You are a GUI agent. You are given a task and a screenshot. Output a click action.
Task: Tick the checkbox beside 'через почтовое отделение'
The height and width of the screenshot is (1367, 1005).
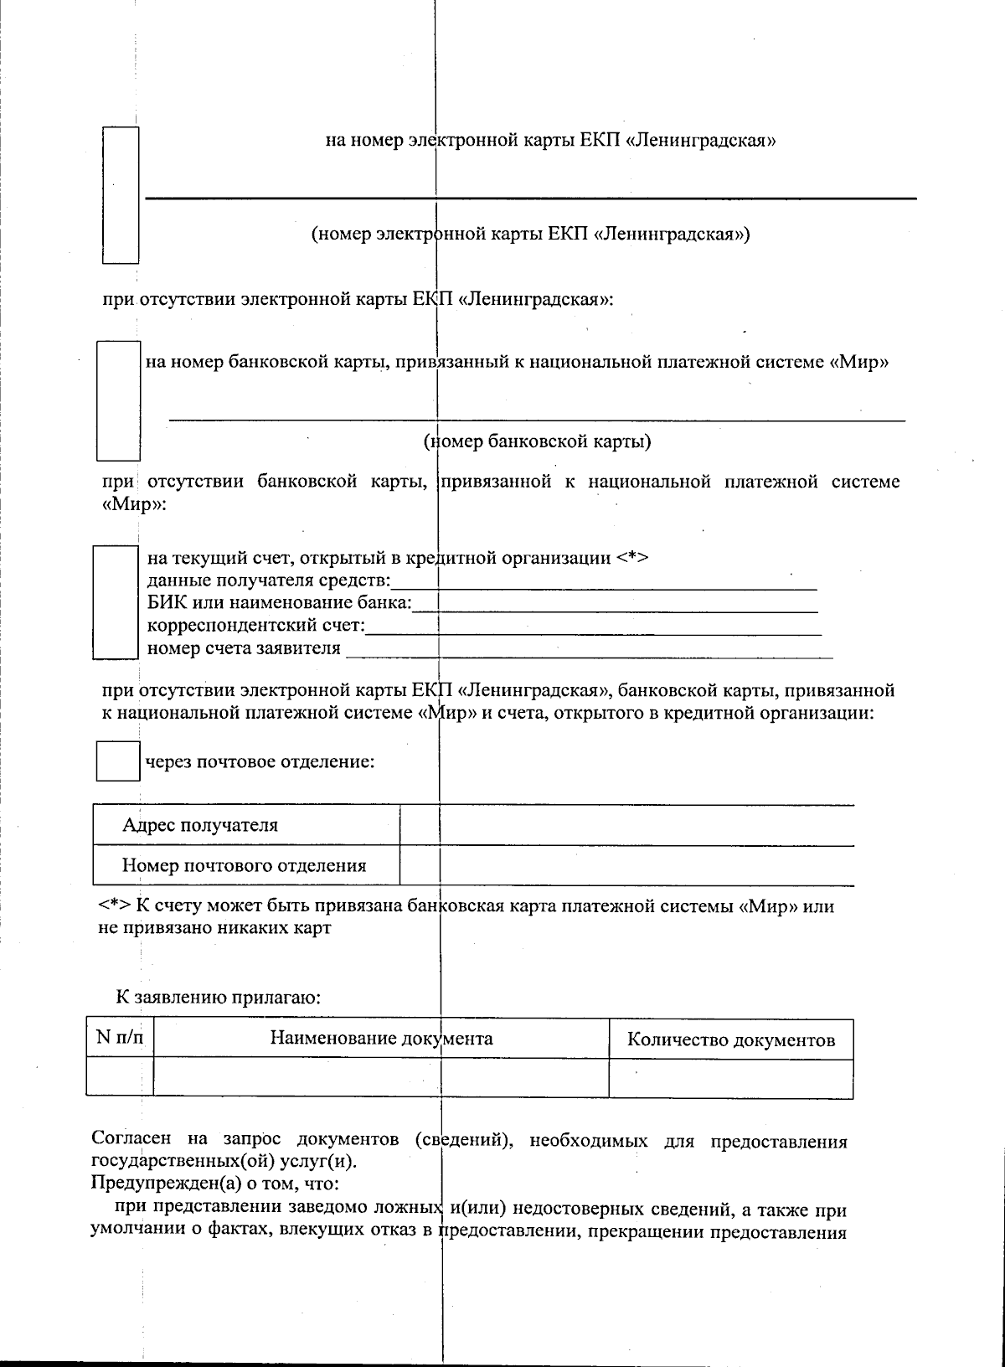[x=117, y=761]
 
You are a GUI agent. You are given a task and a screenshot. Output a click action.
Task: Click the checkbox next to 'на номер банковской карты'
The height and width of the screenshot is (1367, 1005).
[x=118, y=400]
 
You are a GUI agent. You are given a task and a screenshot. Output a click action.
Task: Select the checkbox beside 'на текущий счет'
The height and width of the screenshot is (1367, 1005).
[x=115, y=601]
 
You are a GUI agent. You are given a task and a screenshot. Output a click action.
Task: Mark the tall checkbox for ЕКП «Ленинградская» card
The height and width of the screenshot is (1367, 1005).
[x=120, y=194]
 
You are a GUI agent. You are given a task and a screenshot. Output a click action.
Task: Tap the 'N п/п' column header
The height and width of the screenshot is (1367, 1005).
[x=120, y=1039]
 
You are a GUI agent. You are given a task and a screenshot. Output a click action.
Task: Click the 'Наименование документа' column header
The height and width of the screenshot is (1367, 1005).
[x=381, y=1039]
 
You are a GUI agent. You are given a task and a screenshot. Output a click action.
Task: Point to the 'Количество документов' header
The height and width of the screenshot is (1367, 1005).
[x=730, y=1041]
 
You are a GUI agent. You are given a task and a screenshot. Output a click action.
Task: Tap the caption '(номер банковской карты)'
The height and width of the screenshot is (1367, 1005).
[x=537, y=441]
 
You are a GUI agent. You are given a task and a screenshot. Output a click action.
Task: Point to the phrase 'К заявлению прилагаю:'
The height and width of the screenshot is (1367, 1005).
[x=219, y=998]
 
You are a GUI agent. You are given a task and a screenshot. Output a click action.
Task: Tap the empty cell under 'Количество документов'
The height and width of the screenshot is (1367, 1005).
[x=730, y=1078]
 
